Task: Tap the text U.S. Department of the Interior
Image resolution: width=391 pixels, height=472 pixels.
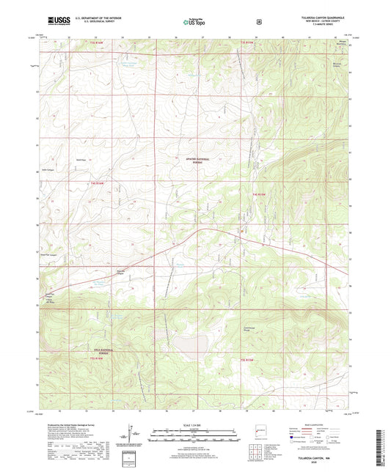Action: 101,18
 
